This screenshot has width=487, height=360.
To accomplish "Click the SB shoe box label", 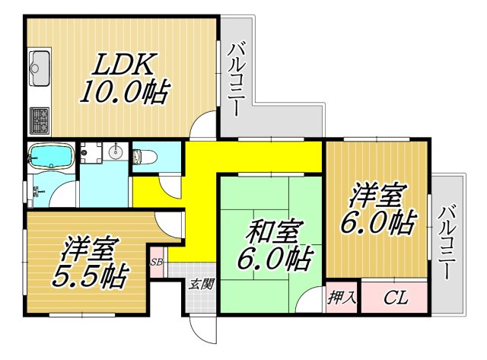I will [158, 263].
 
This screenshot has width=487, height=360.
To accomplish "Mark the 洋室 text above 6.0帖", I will [376, 196].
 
